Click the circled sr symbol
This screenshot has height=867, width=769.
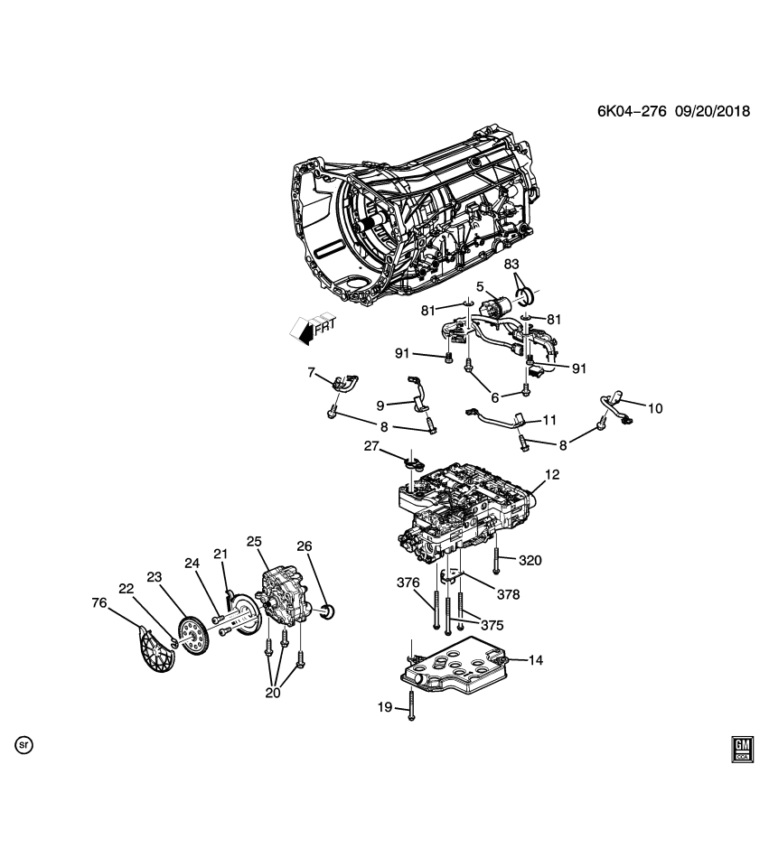[25, 745]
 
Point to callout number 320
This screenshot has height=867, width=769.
[531, 560]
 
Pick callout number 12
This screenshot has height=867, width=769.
[553, 474]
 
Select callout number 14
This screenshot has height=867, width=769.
[535, 660]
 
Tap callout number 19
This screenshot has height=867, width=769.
[385, 707]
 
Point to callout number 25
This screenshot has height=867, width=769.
[254, 541]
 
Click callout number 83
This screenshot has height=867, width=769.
[511, 265]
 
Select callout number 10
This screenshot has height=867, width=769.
[655, 408]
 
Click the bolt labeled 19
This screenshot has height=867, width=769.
[410, 704]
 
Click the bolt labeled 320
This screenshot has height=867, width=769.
[498, 557]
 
